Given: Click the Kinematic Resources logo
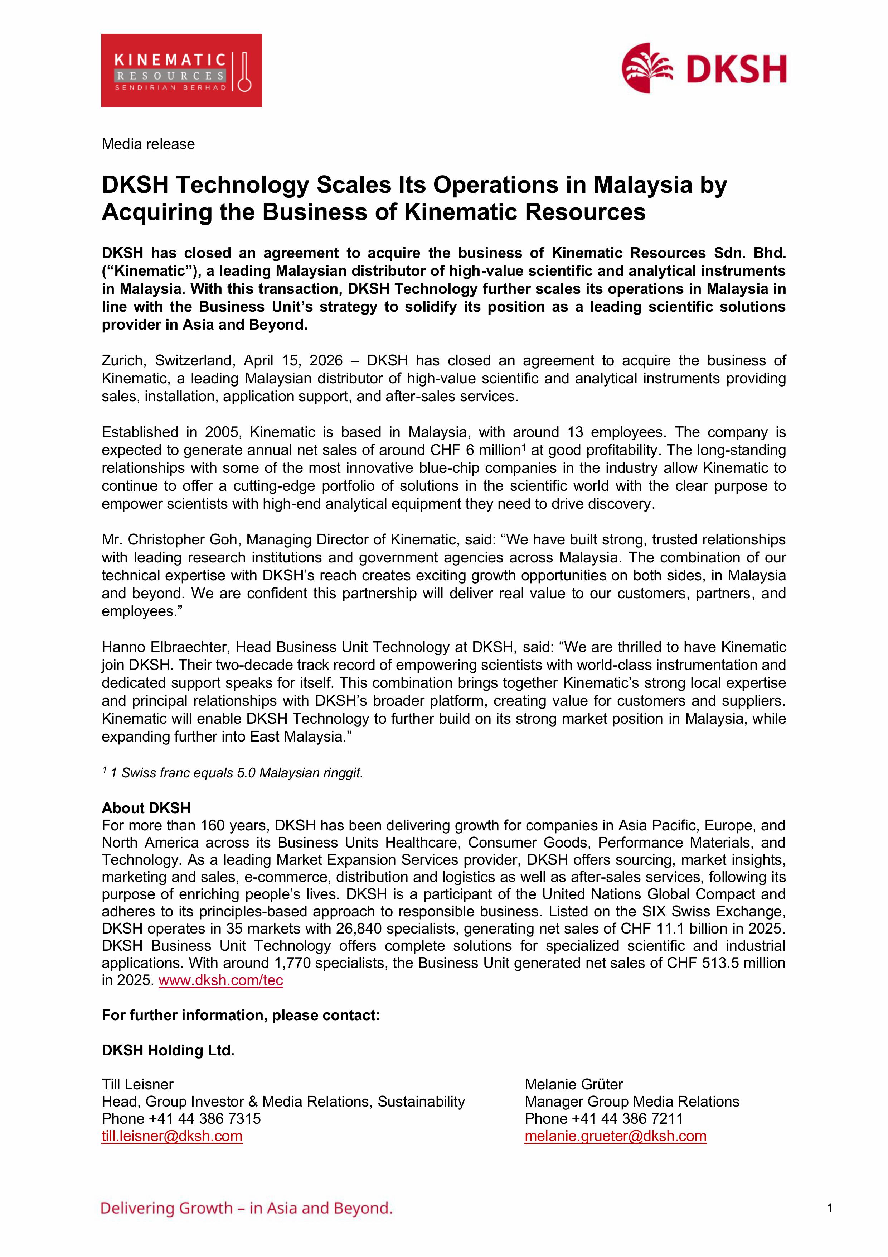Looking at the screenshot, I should coord(181,71).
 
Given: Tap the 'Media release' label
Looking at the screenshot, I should coord(148,144).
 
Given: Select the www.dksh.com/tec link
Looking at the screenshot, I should coord(220,980).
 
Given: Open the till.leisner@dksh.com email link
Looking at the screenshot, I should coord(172,1136).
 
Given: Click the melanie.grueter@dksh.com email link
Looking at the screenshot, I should coord(616,1136).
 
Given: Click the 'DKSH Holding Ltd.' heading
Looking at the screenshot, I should coord(168,1050).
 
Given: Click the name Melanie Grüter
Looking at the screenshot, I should coord(573,1084).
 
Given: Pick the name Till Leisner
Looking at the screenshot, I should coord(137,1084).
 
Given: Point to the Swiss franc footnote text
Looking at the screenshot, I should coord(236,772).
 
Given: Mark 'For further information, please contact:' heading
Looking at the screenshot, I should coord(241,1015).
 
